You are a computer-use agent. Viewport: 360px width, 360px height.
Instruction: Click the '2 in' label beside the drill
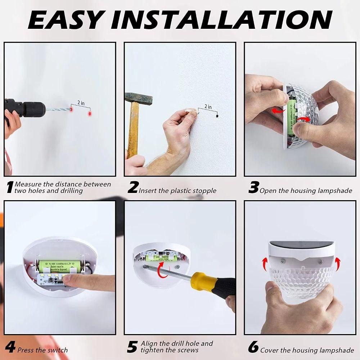(81, 103)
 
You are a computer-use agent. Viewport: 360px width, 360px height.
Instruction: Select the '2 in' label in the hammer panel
(208, 107)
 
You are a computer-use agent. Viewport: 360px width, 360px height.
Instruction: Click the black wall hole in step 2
(217, 116)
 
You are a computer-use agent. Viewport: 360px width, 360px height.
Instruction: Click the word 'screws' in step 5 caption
(187, 350)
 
